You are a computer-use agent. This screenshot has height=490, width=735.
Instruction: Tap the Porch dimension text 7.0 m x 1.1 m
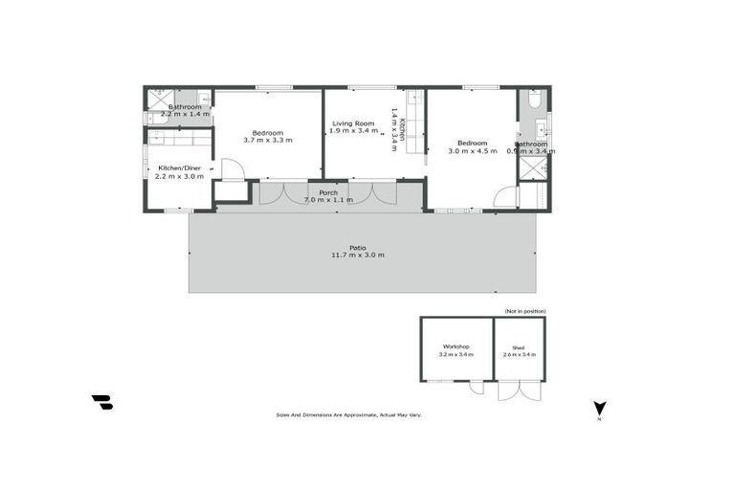[x=328, y=200]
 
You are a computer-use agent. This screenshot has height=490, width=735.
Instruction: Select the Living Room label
[x=352, y=123]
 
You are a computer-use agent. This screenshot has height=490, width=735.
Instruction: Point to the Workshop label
[x=456, y=345]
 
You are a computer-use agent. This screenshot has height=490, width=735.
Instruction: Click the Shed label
[x=519, y=346]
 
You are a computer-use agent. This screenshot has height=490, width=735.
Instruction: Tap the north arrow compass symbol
[x=599, y=409]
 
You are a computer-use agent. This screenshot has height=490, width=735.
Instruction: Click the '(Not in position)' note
[x=524, y=311]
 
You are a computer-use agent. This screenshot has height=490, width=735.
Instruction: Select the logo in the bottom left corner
[x=101, y=402]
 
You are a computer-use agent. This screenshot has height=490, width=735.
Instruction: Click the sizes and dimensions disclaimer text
[x=348, y=414]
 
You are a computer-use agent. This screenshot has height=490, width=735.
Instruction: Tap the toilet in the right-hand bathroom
[x=535, y=99]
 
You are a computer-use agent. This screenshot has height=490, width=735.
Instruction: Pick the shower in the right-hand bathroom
[x=532, y=168]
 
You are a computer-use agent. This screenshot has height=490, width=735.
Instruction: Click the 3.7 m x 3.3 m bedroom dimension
[x=268, y=141]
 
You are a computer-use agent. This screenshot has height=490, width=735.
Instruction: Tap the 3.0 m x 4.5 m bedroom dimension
[x=473, y=151]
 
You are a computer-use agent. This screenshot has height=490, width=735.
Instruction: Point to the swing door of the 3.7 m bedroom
[x=233, y=170]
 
